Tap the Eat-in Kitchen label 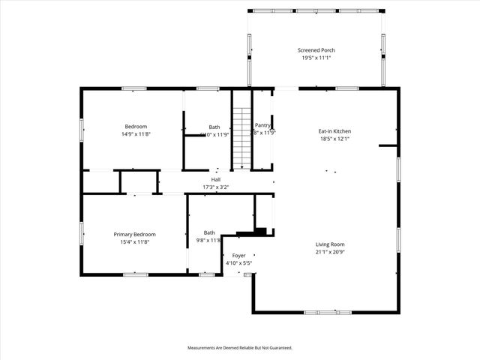point(334,131)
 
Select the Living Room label point(331,244)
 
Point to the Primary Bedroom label point(136,234)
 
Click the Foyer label point(238,256)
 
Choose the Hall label point(216,179)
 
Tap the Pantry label point(262,125)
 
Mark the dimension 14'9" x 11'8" point(136,133)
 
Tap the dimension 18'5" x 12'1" point(334,139)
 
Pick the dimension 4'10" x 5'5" point(238,263)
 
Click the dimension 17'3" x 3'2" point(216,187)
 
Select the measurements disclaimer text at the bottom point(239,348)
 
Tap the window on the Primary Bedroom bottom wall point(135,275)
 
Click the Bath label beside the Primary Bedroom point(209,232)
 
